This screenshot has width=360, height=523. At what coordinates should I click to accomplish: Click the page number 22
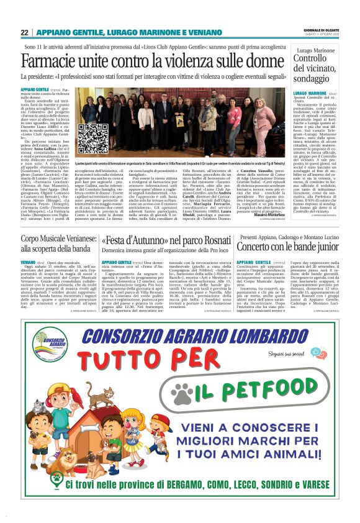click(24, 32)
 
